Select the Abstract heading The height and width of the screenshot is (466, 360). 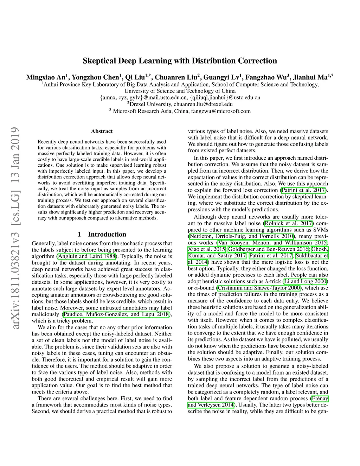pyautogui.click(x=102, y=131)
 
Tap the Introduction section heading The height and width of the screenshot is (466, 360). pyautogui.click(x=107, y=234)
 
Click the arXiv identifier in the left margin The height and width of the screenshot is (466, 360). pyautogui.click(x=15, y=228)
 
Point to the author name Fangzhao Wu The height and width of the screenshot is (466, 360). pyautogui.click(x=266, y=77)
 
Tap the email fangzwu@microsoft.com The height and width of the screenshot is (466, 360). pyautogui.click(x=221, y=111)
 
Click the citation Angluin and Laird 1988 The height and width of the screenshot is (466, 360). pyautogui.click(x=86, y=256)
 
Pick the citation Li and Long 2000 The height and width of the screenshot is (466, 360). pyautogui.click(x=305, y=281)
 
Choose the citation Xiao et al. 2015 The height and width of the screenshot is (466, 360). pyautogui.click(x=207, y=249)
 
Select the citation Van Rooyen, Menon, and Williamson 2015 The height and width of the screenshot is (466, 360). pyautogui.click(x=272, y=243)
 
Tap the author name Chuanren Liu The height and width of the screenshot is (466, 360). pyautogui.click(x=176, y=77)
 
